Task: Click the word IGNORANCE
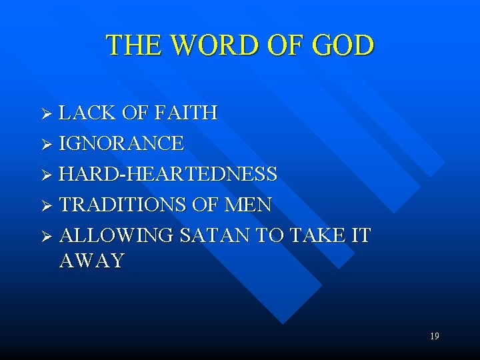pos(121,143)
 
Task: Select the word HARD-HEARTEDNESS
pos(168,174)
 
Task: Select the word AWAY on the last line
pos(91,261)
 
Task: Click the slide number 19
pos(434,337)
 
